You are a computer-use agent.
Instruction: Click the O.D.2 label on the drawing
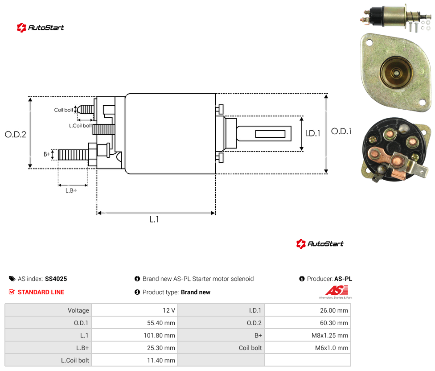(x=16, y=135)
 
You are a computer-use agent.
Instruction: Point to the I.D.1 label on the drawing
(x=313, y=133)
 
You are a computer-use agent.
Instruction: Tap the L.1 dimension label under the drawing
(x=154, y=219)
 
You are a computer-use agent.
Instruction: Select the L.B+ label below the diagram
(x=71, y=190)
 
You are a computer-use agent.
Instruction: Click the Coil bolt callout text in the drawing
(x=64, y=110)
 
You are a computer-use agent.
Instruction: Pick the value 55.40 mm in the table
(x=161, y=323)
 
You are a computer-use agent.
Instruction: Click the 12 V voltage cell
(x=168, y=310)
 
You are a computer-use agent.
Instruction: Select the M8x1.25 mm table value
(x=329, y=335)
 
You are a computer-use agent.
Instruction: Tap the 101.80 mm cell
(x=159, y=335)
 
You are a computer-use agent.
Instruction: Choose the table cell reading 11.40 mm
(x=161, y=360)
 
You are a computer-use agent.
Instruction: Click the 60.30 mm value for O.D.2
(x=334, y=323)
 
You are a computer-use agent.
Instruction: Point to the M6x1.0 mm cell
(x=332, y=348)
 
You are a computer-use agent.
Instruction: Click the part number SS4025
(x=56, y=279)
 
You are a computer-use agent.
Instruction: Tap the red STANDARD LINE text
(x=41, y=292)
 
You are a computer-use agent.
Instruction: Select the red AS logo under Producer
(x=337, y=291)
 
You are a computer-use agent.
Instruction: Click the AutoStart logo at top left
(x=41, y=28)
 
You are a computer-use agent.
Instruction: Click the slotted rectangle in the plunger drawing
(x=270, y=134)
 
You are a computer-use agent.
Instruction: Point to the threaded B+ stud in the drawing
(x=73, y=155)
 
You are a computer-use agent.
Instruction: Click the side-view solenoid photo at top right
(x=396, y=17)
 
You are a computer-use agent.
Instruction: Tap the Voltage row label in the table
(x=78, y=310)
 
